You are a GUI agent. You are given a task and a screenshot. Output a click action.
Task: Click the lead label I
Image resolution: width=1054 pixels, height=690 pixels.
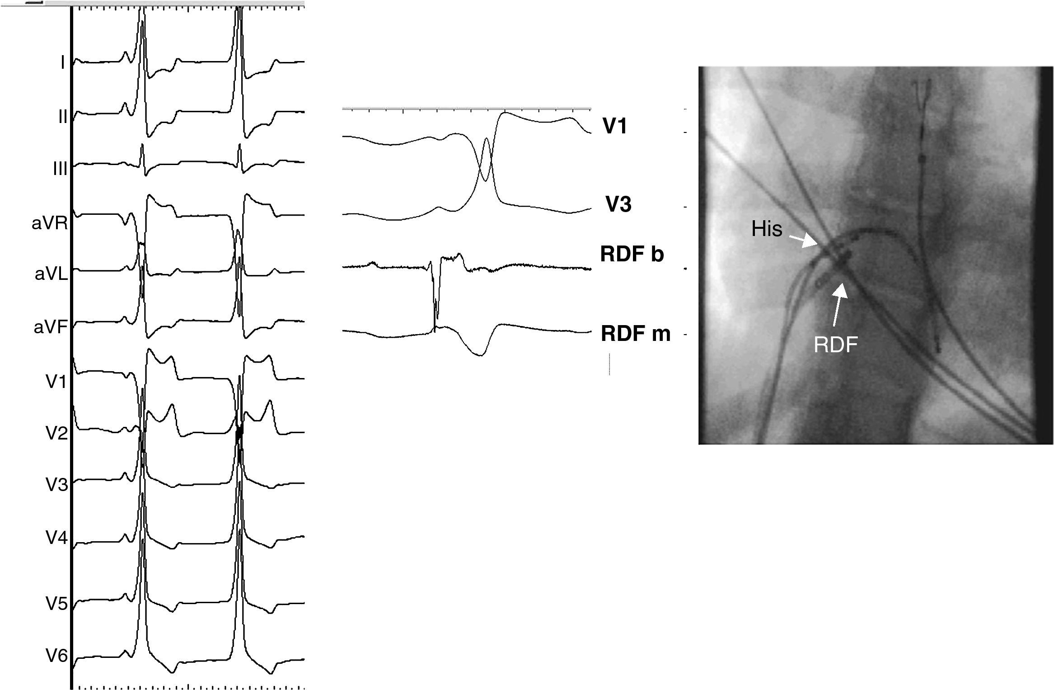[x=63, y=62]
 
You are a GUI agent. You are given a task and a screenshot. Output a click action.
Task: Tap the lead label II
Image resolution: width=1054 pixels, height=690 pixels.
[x=62, y=117]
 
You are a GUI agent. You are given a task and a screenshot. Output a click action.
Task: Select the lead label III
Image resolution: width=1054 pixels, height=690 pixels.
[x=60, y=169]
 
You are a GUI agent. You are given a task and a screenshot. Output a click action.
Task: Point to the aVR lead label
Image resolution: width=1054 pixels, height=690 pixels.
[x=49, y=223]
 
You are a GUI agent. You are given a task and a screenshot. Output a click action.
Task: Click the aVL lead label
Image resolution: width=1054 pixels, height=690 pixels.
[x=51, y=274]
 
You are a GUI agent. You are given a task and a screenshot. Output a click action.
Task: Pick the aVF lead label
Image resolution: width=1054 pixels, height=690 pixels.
[x=50, y=326]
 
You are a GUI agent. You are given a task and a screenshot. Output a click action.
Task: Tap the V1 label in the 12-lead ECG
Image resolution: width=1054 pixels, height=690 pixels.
[x=56, y=382]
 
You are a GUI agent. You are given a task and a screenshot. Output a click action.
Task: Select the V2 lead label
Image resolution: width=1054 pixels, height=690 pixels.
[x=56, y=434]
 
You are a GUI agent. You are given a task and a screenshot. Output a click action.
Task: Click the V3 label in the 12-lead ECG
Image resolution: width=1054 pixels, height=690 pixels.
[x=56, y=485]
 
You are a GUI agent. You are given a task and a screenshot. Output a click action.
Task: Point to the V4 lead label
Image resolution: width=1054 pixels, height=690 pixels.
[x=56, y=538]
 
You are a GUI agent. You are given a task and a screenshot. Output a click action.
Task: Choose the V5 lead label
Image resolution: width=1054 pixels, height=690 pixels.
[x=56, y=604]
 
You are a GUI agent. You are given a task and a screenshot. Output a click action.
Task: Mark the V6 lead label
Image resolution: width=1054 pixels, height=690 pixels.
[x=56, y=656]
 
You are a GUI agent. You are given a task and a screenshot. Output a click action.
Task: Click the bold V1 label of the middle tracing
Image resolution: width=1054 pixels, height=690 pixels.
[x=615, y=127]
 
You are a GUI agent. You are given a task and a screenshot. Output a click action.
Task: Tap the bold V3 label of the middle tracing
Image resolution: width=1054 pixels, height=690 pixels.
[x=618, y=205]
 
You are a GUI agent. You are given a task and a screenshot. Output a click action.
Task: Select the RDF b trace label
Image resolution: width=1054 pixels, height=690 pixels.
[x=632, y=254]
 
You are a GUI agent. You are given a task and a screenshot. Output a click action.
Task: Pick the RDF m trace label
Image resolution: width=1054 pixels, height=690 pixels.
[x=635, y=334]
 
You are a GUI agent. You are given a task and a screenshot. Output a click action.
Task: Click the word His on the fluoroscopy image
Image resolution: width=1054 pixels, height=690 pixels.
[x=767, y=229]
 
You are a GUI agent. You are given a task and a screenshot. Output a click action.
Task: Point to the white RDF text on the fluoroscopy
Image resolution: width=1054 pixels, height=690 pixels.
[x=835, y=345]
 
